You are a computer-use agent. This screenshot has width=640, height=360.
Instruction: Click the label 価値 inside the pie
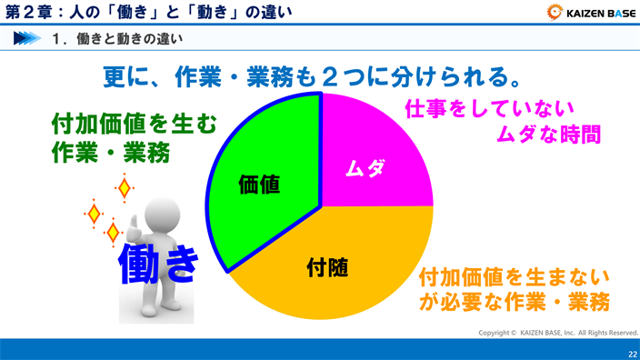[x=259, y=184]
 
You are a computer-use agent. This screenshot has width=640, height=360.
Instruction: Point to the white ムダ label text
[x=365, y=168]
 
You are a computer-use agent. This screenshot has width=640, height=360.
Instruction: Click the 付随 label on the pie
[x=328, y=267]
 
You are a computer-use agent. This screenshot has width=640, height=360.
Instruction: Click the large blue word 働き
[x=159, y=262]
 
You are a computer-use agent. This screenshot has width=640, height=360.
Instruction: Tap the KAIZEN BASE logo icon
[x=555, y=11]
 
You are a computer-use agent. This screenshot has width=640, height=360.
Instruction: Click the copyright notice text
[x=558, y=333]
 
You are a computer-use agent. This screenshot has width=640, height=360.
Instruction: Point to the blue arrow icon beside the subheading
[x=26, y=38]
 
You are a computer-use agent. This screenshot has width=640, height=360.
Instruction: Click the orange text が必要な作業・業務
[x=514, y=302]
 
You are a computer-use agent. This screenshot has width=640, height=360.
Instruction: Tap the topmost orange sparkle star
[x=125, y=188]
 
